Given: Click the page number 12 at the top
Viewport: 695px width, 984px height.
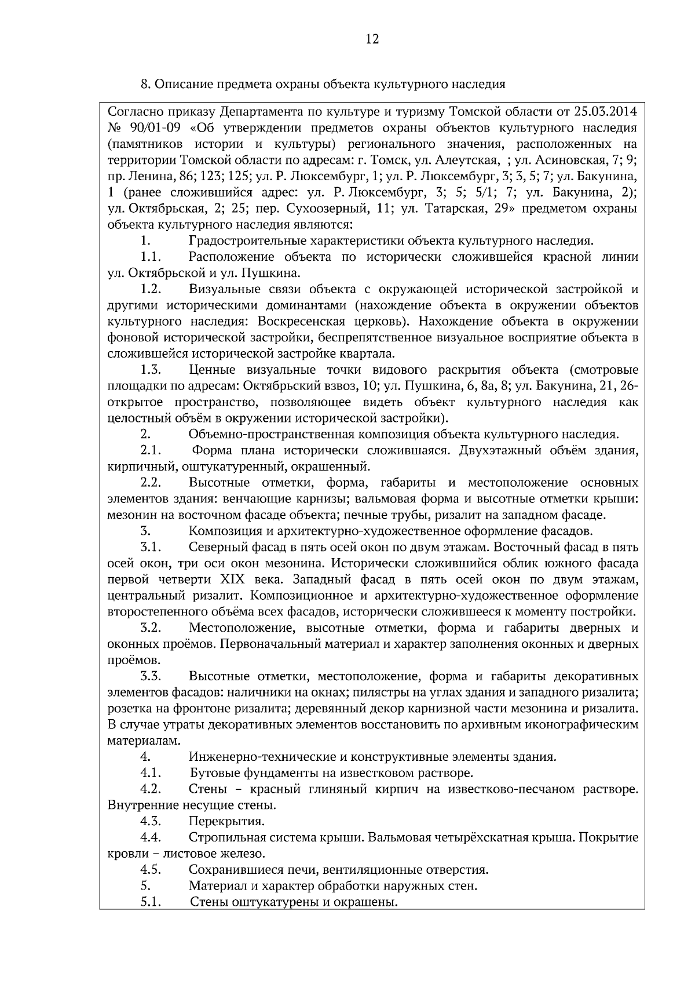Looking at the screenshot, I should [372, 39].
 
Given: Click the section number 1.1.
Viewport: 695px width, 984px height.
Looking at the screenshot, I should [150, 257].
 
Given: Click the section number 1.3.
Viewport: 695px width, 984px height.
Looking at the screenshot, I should [150, 370].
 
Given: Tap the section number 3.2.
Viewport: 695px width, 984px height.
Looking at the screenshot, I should [150, 628].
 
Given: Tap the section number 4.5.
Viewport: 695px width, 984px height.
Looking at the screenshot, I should [150, 870].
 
